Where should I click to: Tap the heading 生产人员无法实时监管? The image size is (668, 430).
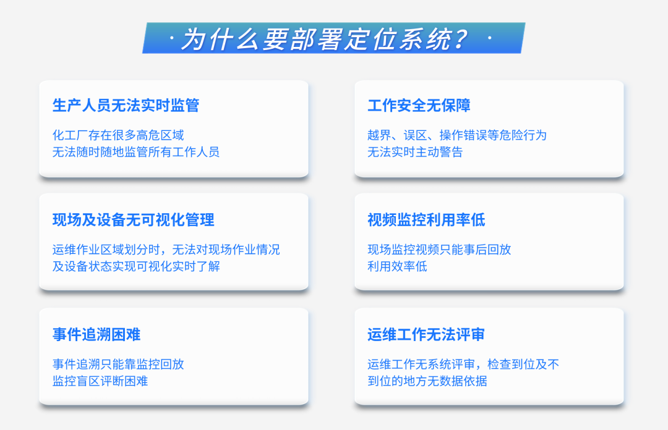pyautogui.click(x=126, y=106)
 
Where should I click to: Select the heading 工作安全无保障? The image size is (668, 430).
pyautogui.click(x=419, y=106)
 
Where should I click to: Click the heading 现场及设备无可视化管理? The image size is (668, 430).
pyautogui.click(x=133, y=220)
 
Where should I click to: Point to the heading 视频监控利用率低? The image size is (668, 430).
pyautogui.click(x=426, y=220)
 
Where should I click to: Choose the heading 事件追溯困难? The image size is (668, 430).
pyautogui.click(x=96, y=335)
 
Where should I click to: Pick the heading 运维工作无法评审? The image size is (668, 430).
pyautogui.click(x=426, y=335)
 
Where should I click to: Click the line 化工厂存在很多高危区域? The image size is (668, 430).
pyautogui.click(x=118, y=135)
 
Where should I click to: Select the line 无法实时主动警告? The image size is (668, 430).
pyautogui.click(x=415, y=152)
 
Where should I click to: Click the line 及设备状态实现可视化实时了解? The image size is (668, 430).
pyautogui.click(x=136, y=267)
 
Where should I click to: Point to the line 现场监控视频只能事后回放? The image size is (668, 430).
pyautogui.click(x=439, y=250)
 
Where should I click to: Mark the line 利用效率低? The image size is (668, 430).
pyautogui.click(x=397, y=267)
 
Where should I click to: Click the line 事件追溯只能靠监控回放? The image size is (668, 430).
pyautogui.click(x=118, y=365)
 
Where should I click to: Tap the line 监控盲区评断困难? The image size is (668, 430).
pyautogui.click(x=100, y=381)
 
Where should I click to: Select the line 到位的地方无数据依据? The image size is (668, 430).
pyautogui.click(x=427, y=381)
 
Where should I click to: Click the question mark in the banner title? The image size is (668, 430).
pyautogui.click(x=458, y=40)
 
